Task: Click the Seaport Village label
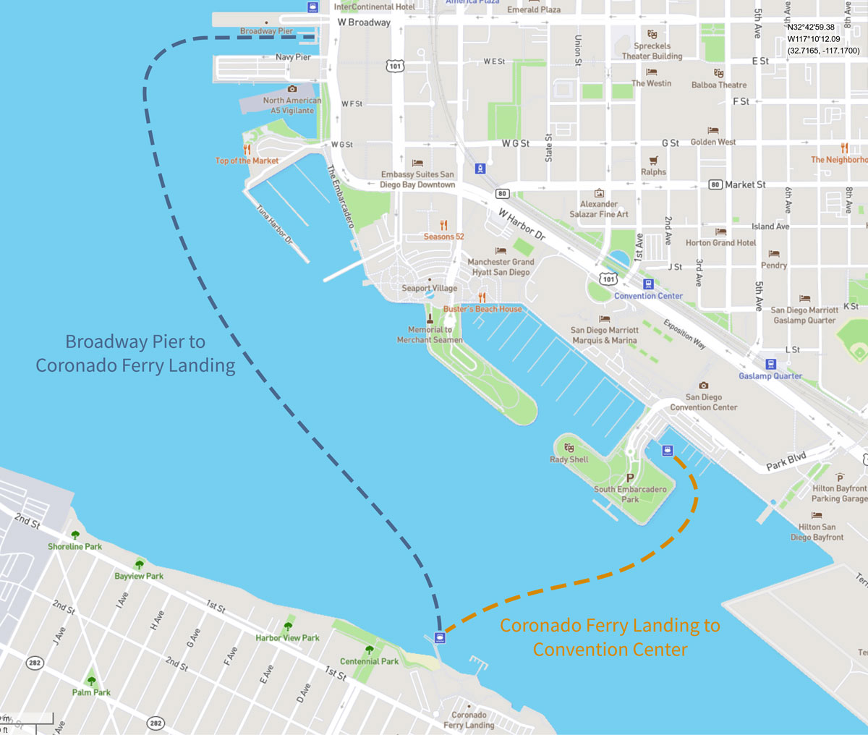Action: [429, 288]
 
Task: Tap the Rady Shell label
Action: [569, 459]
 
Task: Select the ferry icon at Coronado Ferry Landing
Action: [438, 637]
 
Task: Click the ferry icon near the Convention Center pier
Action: [667, 451]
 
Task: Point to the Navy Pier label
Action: [293, 57]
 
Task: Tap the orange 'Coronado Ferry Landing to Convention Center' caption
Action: [610, 637]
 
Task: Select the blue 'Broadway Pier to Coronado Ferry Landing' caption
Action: [135, 353]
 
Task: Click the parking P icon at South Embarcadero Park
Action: [629, 478]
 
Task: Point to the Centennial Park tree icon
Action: [370, 650]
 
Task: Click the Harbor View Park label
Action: [287, 638]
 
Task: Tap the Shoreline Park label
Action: [75, 547]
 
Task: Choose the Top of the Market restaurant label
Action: [247, 161]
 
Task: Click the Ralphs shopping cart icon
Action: [653, 161]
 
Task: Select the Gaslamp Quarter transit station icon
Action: [770, 364]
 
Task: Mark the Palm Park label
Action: [91, 692]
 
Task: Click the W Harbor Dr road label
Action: [522, 225]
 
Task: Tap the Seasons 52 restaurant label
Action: [443, 237]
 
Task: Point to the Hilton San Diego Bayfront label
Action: [817, 532]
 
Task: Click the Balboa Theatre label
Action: [718, 85]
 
